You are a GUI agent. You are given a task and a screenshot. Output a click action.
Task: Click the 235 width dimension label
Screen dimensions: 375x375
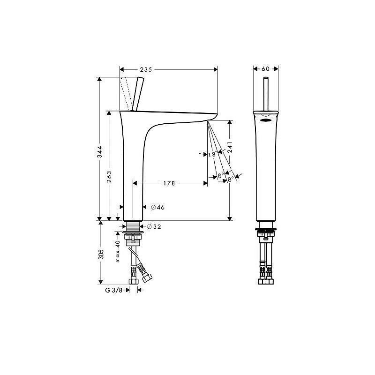(146, 69)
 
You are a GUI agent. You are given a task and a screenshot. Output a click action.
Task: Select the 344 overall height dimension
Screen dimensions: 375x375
(99, 151)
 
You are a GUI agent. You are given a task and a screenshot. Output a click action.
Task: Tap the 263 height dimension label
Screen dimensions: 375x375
(109, 177)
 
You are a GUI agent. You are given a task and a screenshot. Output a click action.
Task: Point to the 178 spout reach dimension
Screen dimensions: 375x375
(169, 183)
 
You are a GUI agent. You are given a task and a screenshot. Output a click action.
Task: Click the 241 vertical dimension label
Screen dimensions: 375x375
(230, 147)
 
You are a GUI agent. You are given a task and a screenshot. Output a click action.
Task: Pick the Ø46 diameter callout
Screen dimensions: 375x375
(158, 207)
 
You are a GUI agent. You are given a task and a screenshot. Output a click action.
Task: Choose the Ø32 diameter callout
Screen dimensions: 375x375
(154, 226)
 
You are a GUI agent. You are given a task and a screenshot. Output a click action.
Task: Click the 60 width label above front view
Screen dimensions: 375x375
(265, 69)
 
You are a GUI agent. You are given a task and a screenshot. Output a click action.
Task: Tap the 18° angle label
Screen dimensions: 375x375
(212, 154)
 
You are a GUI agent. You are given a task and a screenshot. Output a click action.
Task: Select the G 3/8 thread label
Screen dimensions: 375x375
(114, 290)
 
